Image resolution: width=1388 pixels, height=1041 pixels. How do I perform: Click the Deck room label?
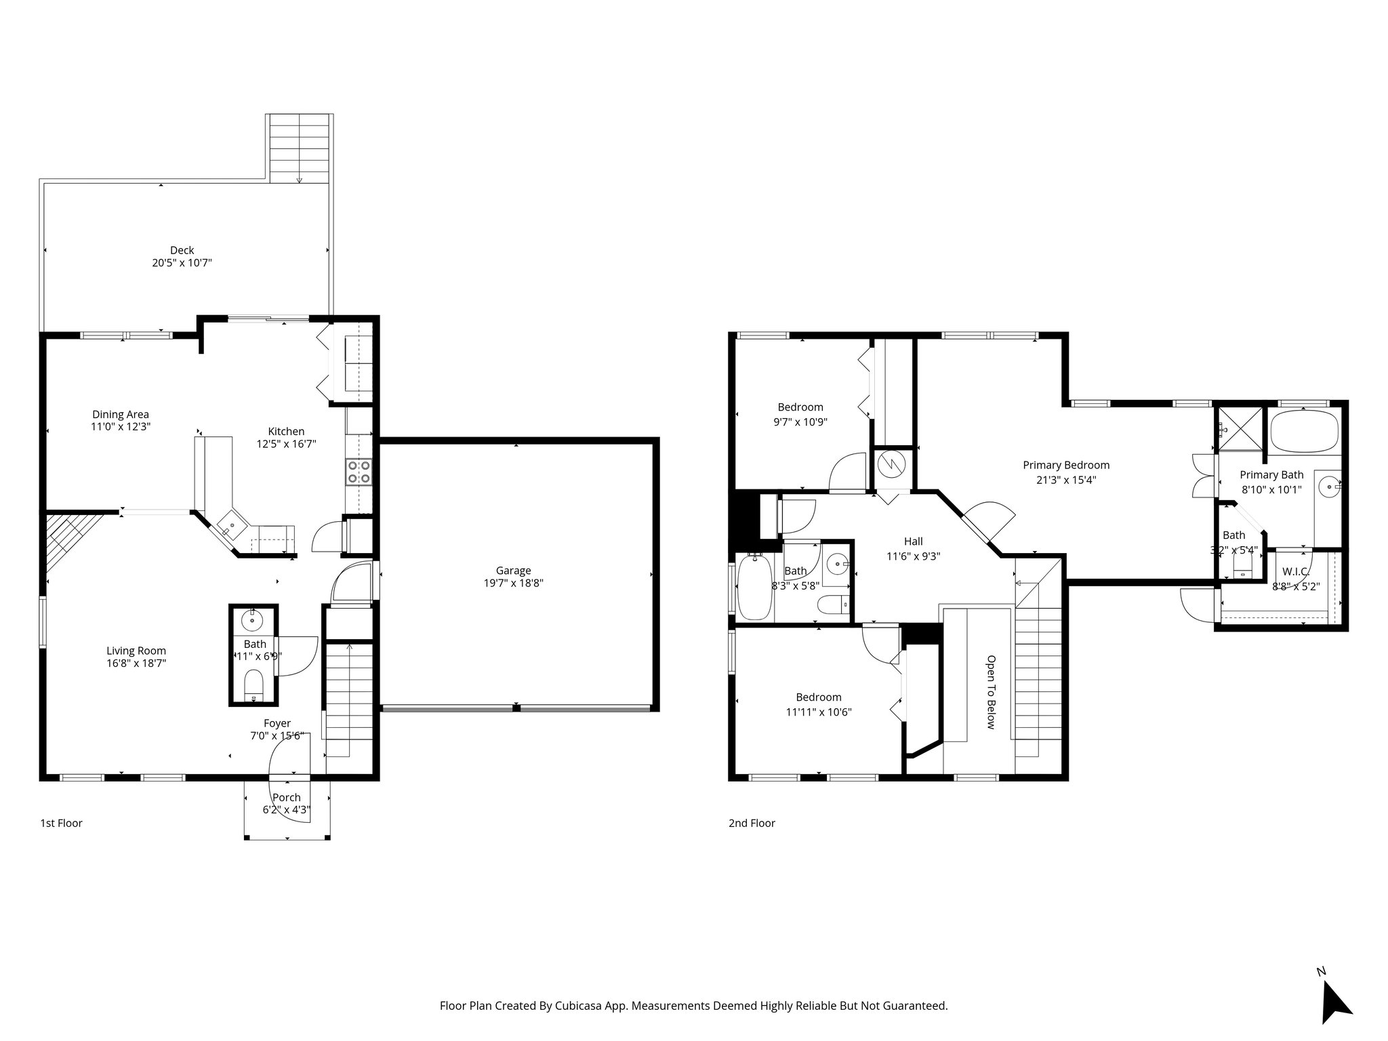tap(182, 250)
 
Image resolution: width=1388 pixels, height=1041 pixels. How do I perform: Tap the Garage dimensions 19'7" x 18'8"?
tap(512, 583)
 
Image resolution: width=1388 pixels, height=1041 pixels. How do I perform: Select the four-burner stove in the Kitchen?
tap(359, 472)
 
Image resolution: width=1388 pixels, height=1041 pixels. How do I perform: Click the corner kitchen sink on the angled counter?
tap(232, 526)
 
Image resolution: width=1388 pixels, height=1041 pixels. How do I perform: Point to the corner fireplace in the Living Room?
tap(68, 535)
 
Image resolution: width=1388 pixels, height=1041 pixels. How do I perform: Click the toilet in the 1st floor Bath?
tap(253, 685)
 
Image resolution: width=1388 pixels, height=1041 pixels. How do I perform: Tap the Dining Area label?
tap(121, 414)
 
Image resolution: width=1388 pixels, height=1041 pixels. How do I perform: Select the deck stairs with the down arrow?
tap(299, 148)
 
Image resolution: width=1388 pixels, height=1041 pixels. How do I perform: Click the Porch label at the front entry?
tap(287, 798)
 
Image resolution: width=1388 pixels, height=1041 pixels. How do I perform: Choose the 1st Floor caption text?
tap(61, 823)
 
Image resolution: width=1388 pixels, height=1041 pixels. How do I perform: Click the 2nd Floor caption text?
tap(752, 823)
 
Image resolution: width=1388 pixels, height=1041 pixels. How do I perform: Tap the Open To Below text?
tap(990, 691)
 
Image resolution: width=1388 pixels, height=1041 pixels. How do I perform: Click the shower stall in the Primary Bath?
tap(1241, 428)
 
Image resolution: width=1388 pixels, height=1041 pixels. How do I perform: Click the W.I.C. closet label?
tap(1295, 571)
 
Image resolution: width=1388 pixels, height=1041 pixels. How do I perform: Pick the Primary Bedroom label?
tap(1066, 465)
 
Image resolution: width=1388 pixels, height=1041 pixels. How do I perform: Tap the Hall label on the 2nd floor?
tap(913, 542)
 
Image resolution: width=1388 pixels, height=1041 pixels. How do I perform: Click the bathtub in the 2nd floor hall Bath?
tap(754, 587)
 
